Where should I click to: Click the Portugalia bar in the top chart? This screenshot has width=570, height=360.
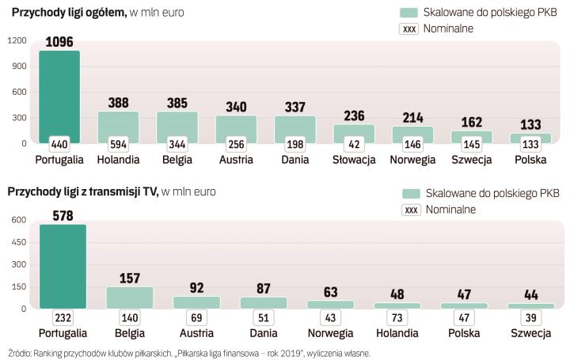pyautogui.click(x=59, y=95)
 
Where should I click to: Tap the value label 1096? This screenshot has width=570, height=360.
pyautogui.click(x=59, y=43)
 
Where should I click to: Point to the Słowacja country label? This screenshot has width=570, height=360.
pyautogui.click(x=354, y=160)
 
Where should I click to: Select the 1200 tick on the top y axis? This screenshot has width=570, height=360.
pyautogui.click(x=17, y=40)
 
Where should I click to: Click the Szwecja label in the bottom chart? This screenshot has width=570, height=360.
pyautogui.click(x=530, y=332)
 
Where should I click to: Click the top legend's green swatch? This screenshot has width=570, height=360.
pyautogui.click(x=408, y=13)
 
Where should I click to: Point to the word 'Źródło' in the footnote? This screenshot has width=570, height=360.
pyautogui.click(x=21, y=353)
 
